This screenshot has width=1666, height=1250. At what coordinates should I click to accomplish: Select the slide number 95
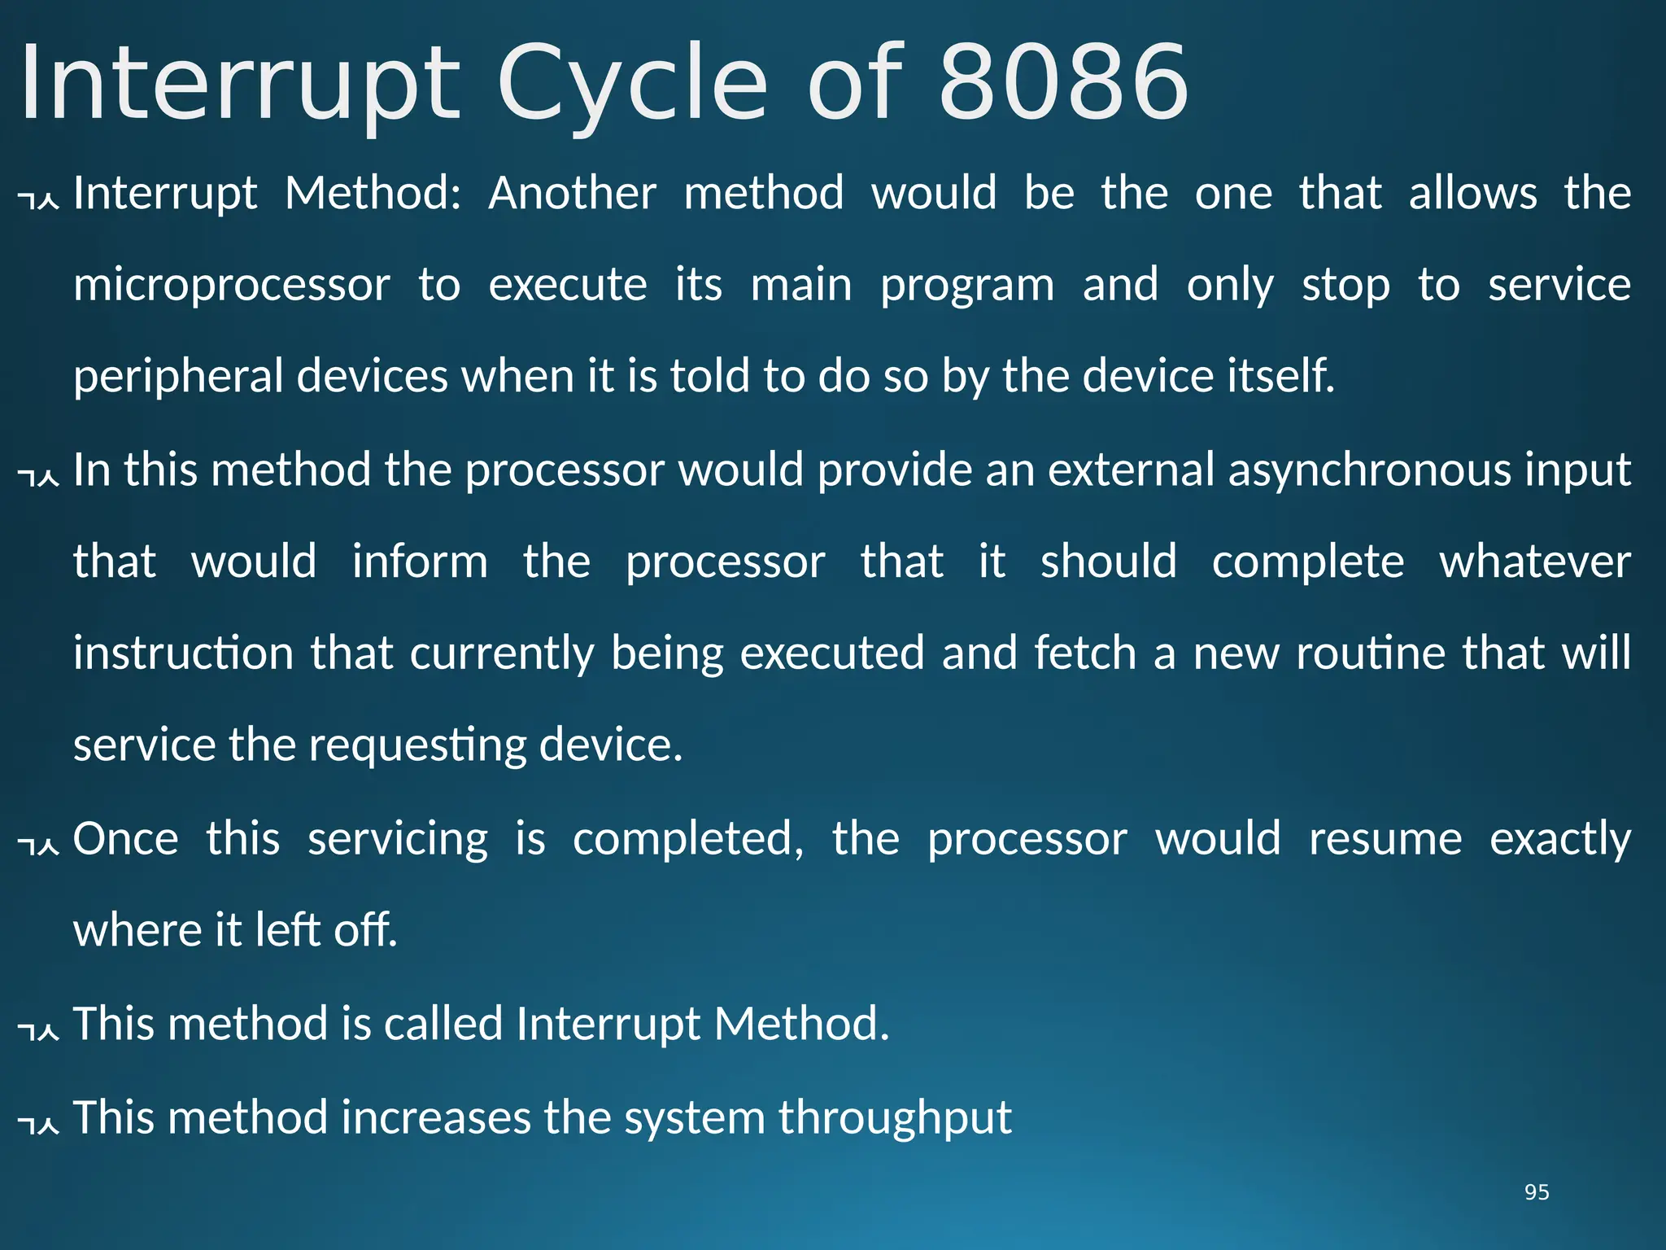(1537, 1192)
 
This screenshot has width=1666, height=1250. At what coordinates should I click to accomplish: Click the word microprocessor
(232, 286)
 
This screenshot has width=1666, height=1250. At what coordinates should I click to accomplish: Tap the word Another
(572, 194)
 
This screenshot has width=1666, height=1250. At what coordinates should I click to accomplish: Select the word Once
(126, 839)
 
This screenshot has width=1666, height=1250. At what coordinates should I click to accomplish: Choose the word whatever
(1535, 562)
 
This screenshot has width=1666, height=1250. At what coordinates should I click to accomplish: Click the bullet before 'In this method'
(38, 476)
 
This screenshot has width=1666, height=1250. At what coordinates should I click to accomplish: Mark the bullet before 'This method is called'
(38, 1029)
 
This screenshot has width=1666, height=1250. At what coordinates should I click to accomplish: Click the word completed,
(688, 839)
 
